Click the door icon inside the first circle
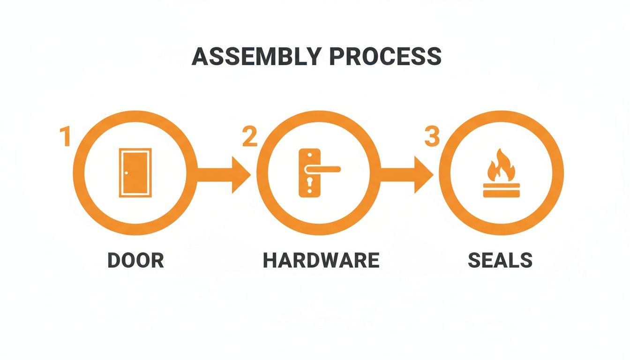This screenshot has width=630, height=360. [135, 172]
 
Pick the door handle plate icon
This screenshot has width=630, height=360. [309, 172]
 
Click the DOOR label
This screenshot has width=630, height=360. [135, 261]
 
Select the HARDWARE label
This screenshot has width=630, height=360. [321, 261]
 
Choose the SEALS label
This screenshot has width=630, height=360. [500, 261]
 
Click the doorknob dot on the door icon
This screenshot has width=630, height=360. [126, 173]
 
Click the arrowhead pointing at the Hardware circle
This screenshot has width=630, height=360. [241, 174]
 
